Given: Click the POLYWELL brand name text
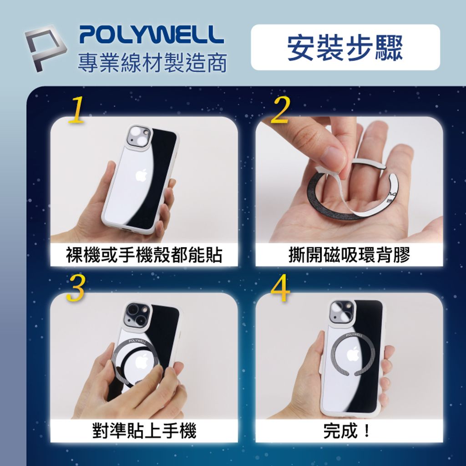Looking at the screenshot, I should coord(151,35).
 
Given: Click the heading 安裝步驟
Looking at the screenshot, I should coord(345,47).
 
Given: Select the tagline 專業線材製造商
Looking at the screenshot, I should coord(152,63).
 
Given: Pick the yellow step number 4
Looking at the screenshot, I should coord(280,289).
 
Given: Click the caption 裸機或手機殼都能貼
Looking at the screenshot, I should coord(144,255).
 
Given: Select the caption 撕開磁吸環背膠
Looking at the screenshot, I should coord(349,255).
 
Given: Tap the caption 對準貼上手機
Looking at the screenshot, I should coord(144,431).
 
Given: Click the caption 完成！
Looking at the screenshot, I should coord(349,431).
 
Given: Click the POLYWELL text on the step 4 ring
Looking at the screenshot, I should coord(355,335).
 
